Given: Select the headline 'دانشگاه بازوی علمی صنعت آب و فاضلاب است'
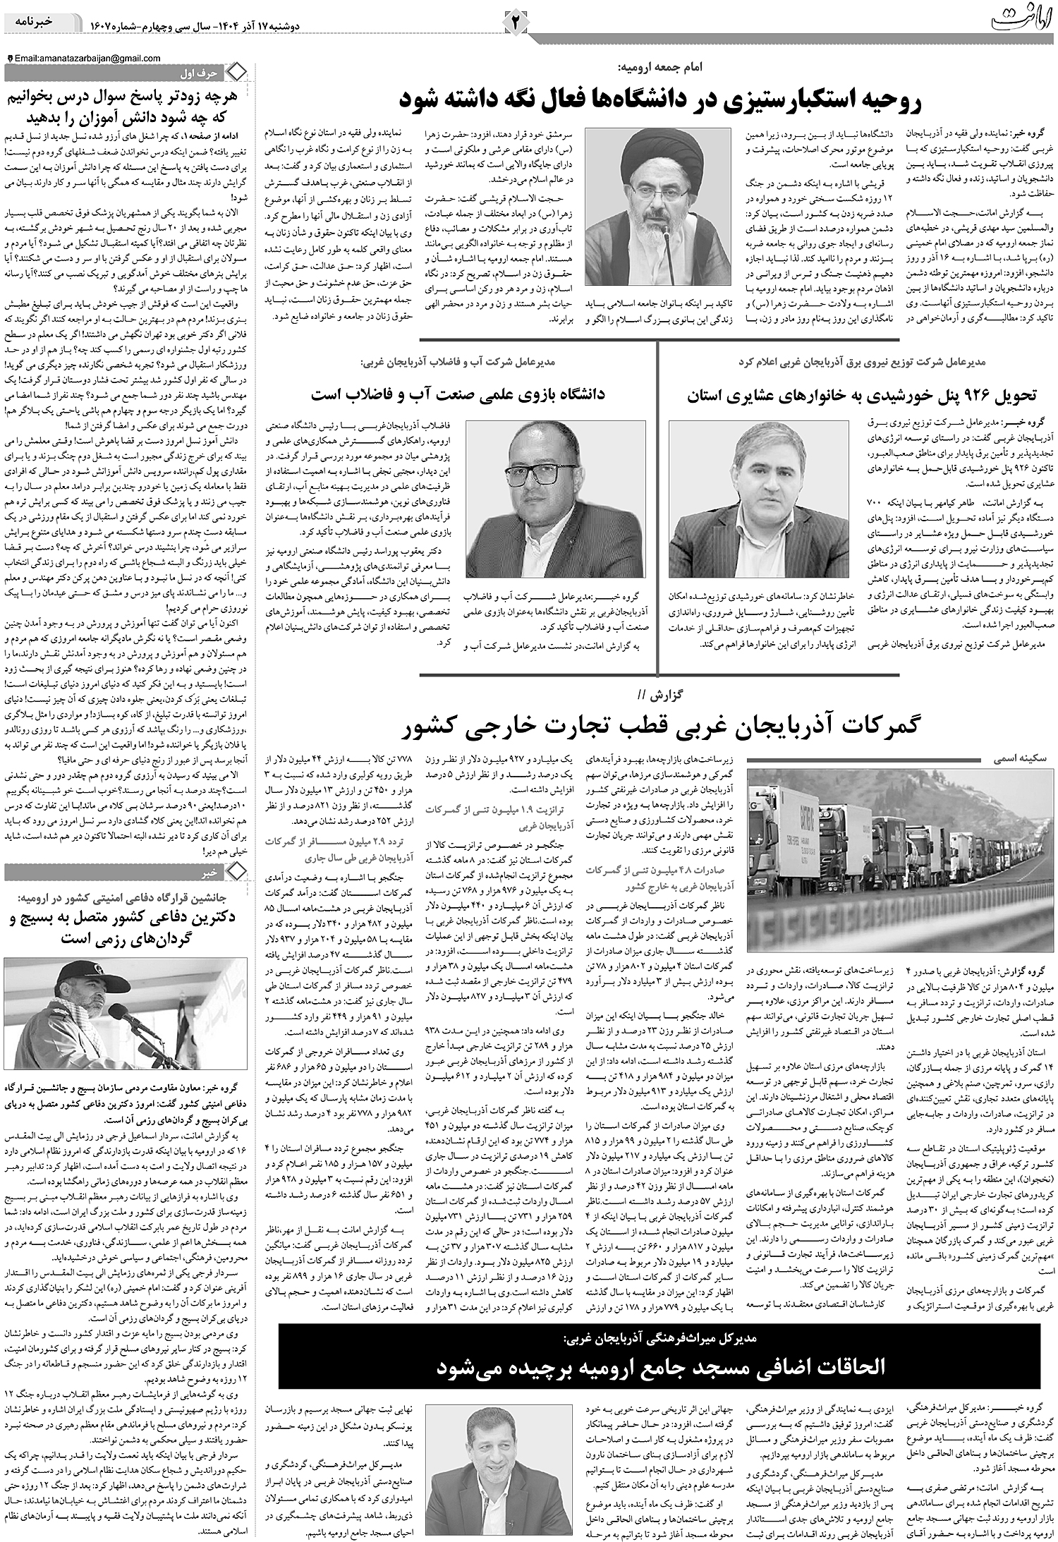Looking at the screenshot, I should click(458, 395).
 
